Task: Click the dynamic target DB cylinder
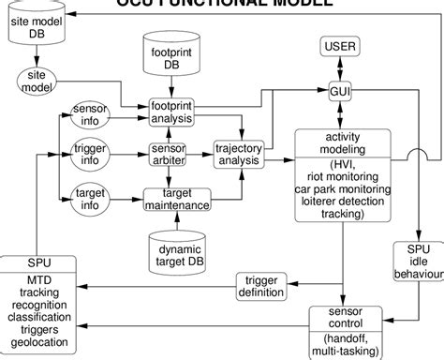click(179, 254)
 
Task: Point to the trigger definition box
click(261, 286)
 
